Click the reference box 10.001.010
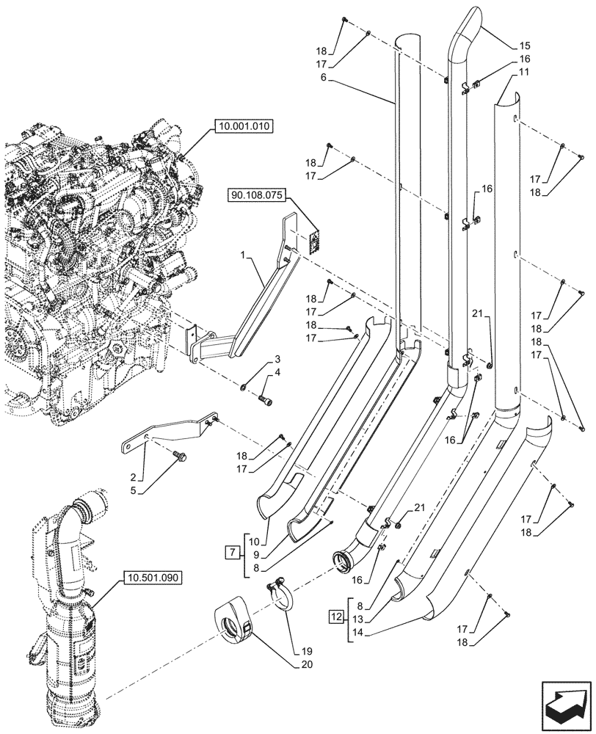244,127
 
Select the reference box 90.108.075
258,196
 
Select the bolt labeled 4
266,400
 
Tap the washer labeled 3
243,386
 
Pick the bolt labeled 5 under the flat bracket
180,457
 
